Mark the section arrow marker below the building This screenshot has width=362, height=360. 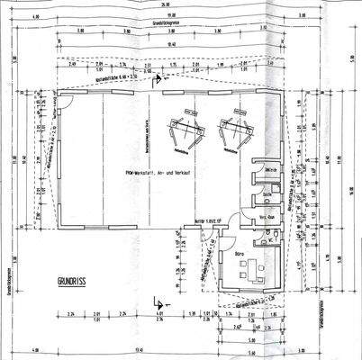click(x=158, y=302)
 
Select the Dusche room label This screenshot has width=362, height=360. click(x=267, y=194)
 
